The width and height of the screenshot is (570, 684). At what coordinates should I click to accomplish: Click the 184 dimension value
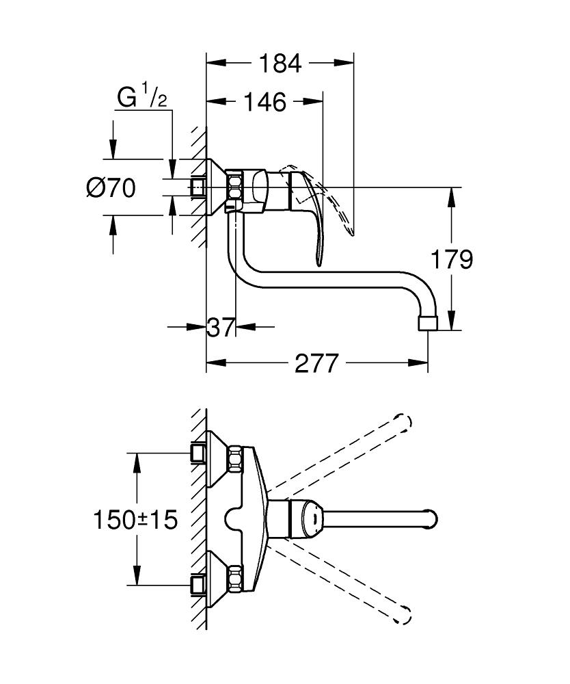(x=280, y=64)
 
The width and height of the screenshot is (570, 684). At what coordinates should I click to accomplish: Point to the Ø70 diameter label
(x=111, y=187)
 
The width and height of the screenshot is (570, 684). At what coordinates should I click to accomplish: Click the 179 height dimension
(x=452, y=259)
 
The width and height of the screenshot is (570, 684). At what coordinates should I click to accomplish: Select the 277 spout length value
(x=316, y=364)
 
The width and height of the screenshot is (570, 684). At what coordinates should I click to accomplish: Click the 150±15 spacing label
(x=135, y=519)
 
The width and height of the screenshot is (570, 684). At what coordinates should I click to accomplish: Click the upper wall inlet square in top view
(x=198, y=452)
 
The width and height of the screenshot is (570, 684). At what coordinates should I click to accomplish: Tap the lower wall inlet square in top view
(x=198, y=583)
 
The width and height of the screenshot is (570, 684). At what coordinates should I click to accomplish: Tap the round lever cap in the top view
(x=308, y=518)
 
